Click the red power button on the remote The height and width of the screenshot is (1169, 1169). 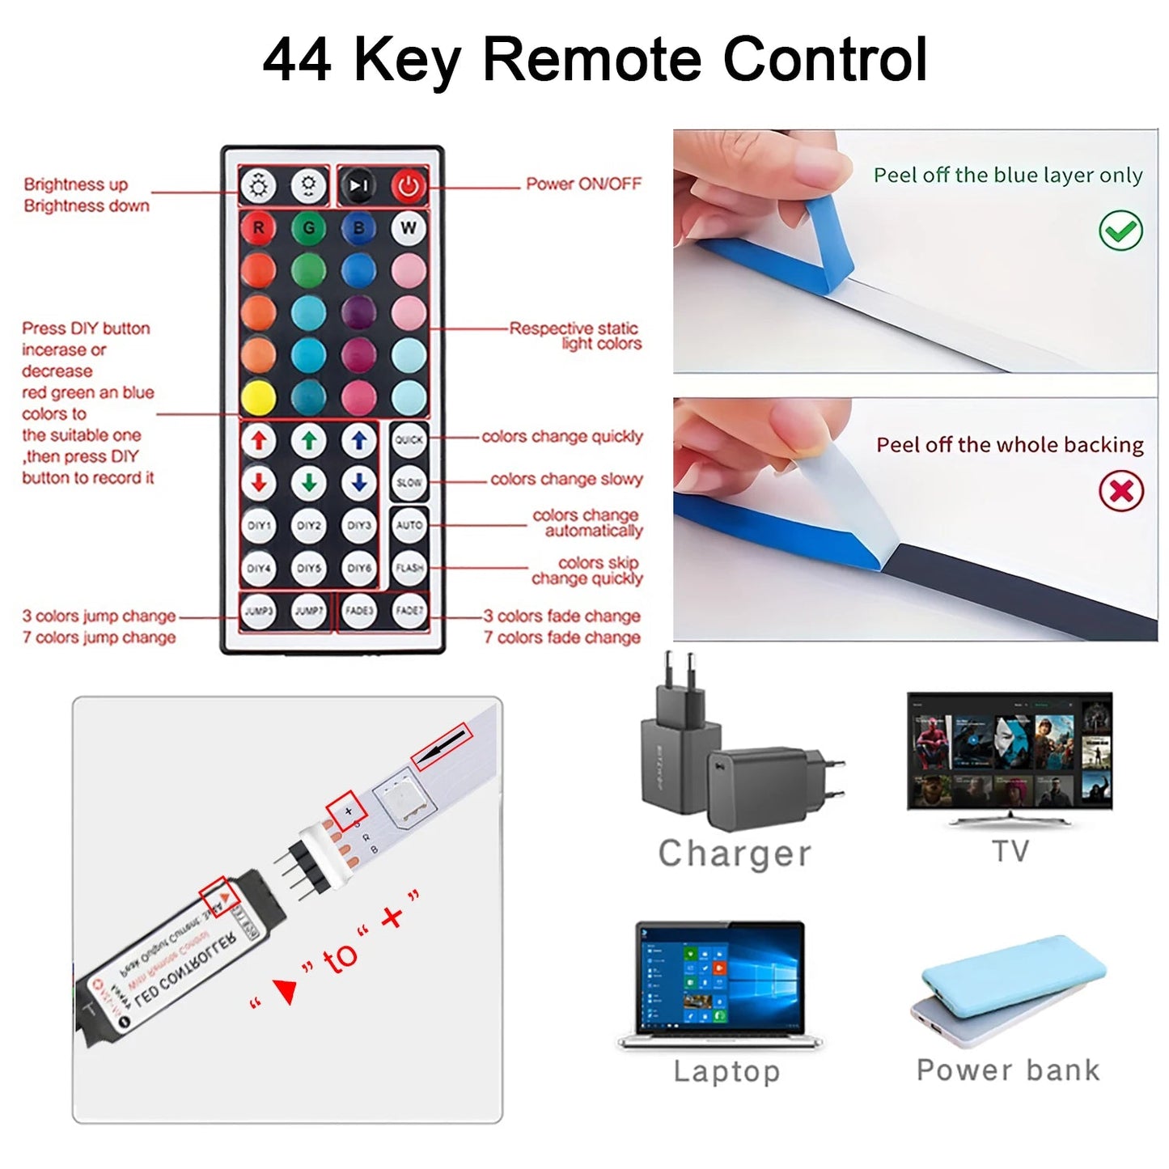[x=409, y=187]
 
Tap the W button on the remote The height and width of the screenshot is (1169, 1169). [x=409, y=228]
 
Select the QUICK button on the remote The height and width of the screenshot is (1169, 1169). [x=409, y=440]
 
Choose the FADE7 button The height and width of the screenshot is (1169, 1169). [x=409, y=611]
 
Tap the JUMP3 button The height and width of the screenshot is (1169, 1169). [x=259, y=611]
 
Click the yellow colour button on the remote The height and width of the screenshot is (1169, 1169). [x=259, y=397]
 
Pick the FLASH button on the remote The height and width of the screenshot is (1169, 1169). [x=409, y=568]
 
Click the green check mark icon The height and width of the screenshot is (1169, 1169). [x=1120, y=231]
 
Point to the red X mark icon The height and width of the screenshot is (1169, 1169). [x=1121, y=491]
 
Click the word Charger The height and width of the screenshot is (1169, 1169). [x=735, y=853]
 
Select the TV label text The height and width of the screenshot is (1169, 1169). [x=1010, y=851]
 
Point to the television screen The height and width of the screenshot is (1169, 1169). [x=1010, y=751]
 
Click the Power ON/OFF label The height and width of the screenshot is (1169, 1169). [x=583, y=184]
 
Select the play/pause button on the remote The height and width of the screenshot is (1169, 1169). [x=358, y=187]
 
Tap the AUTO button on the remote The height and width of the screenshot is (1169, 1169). [x=409, y=525]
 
